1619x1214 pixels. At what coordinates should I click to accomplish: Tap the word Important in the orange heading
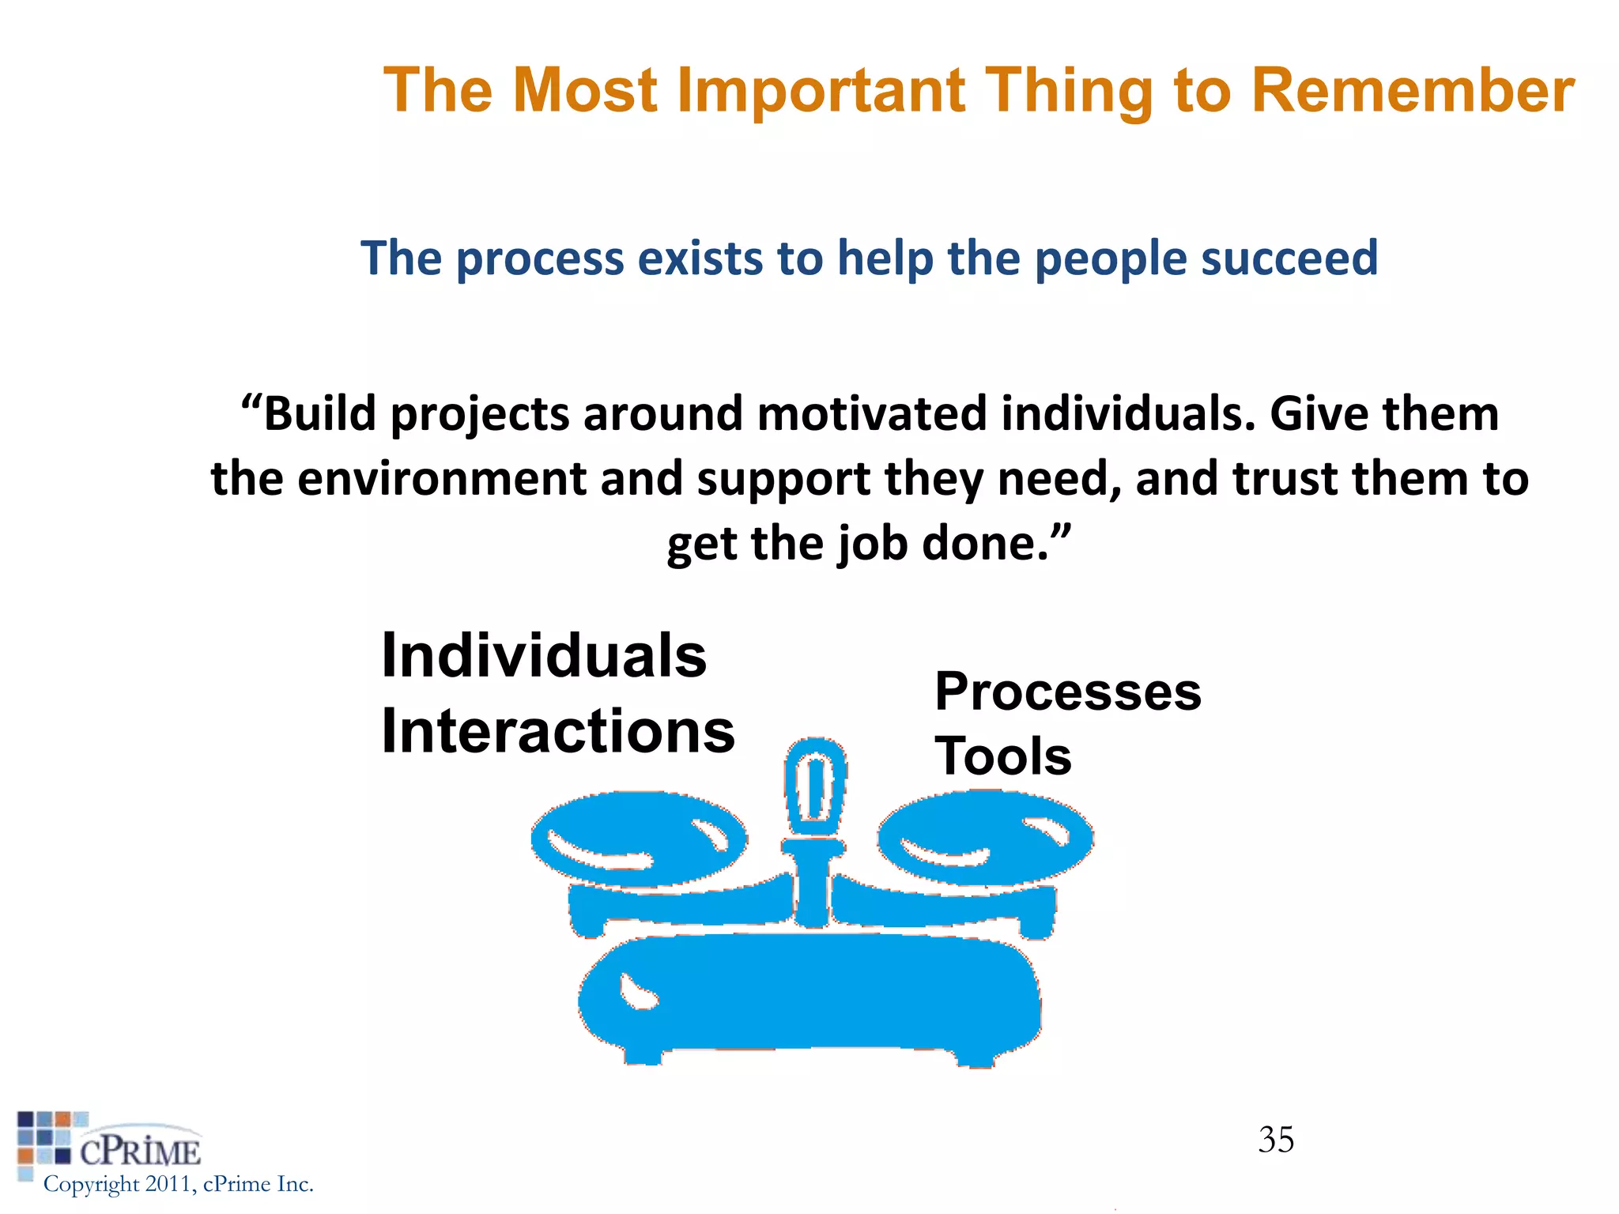[x=821, y=90]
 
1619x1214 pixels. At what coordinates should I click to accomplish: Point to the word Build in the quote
[x=319, y=414]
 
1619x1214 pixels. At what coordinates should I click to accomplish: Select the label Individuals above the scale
[x=544, y=656]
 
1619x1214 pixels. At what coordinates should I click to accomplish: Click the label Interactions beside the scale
[x=557, y=731]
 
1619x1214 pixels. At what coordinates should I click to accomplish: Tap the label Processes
[x=1067, y=692]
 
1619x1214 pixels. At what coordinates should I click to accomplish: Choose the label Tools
[x=1002, y=756]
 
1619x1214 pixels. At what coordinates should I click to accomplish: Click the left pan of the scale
[x=639, y=838]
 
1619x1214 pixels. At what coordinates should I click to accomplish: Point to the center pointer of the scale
[x=815, y=786]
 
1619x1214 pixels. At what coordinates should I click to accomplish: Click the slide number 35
[x=1276, y=1140]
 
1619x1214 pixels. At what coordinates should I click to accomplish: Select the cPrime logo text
[x=140, y=1152]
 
